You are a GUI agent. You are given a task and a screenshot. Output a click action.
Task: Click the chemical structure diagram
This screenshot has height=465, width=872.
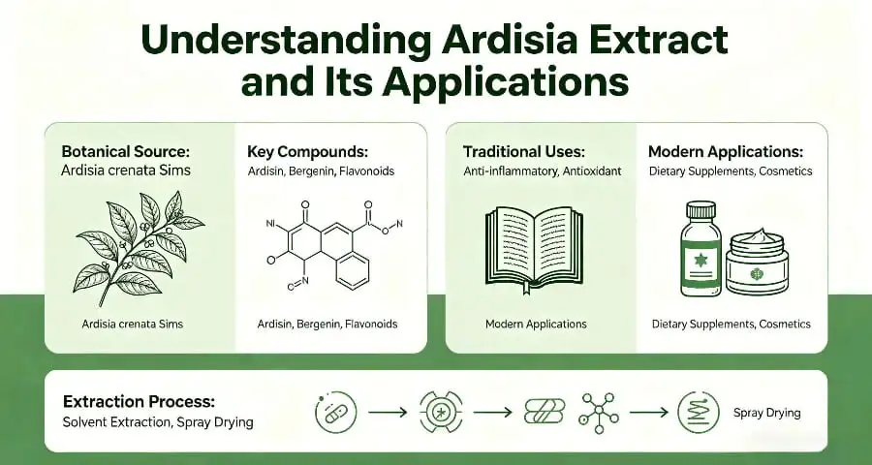coord(325,246)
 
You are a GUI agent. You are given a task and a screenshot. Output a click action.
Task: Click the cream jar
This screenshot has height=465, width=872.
coord(757,263)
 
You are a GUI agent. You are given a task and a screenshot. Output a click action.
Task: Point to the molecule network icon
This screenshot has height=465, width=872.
coord(599,412)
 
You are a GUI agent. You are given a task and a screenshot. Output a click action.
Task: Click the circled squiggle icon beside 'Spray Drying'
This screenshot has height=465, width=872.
coord(697,412)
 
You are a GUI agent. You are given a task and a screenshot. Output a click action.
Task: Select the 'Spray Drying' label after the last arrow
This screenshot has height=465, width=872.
coord(767,413)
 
